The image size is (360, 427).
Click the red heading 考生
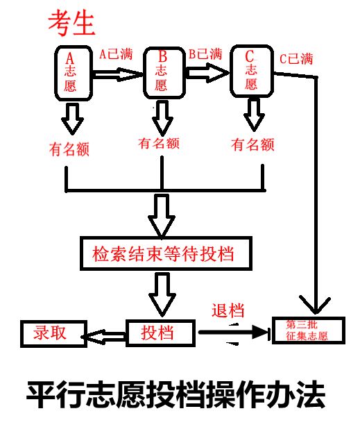click(70, 24)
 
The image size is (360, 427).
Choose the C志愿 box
click(251, 71)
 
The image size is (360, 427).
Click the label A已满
click(116, 53)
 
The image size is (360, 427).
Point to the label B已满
click(205, 53)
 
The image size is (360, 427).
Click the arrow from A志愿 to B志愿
click(118, 74)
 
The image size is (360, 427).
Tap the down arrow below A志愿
click(71, 119)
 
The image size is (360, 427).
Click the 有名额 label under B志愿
click(160, 144)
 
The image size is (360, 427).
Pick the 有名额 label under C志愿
click(252, 145)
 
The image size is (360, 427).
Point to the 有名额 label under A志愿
click(71, 149)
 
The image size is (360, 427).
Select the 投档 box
click(159, 333)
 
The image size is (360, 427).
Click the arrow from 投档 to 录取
click(104, 335)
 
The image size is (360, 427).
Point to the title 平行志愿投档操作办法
click(175, 394)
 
